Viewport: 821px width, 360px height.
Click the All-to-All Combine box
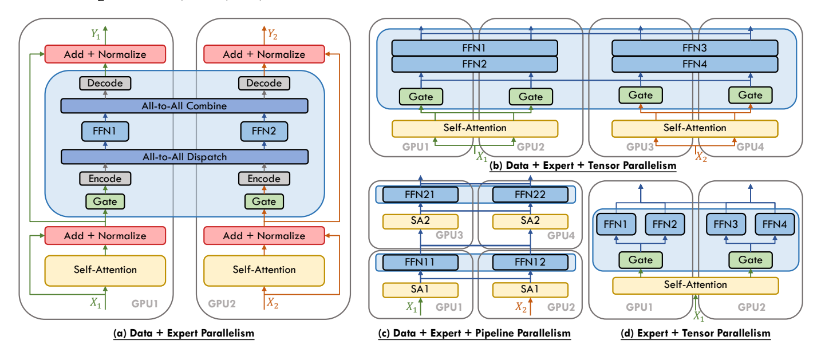pyautogui.click(x=184, y=106)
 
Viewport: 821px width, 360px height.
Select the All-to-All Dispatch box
pyautogui.click(x=184, y=156)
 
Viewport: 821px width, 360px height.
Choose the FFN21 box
pyautogui.click(x=421, y=195)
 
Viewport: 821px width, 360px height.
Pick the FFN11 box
pyautogui.click(x=421, y=263)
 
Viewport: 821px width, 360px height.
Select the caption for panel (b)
pyautogui.click(x=583, y=166)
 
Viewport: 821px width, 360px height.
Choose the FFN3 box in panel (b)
pyautogui.click(x=695, y=47)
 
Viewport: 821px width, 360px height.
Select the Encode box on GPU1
pyautogui.click(x=105, y=179)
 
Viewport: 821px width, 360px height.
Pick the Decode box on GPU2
pyautogui.click(x=264, y=84)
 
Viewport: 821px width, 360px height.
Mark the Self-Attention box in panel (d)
pyautogui.click(x=696, y=284)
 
